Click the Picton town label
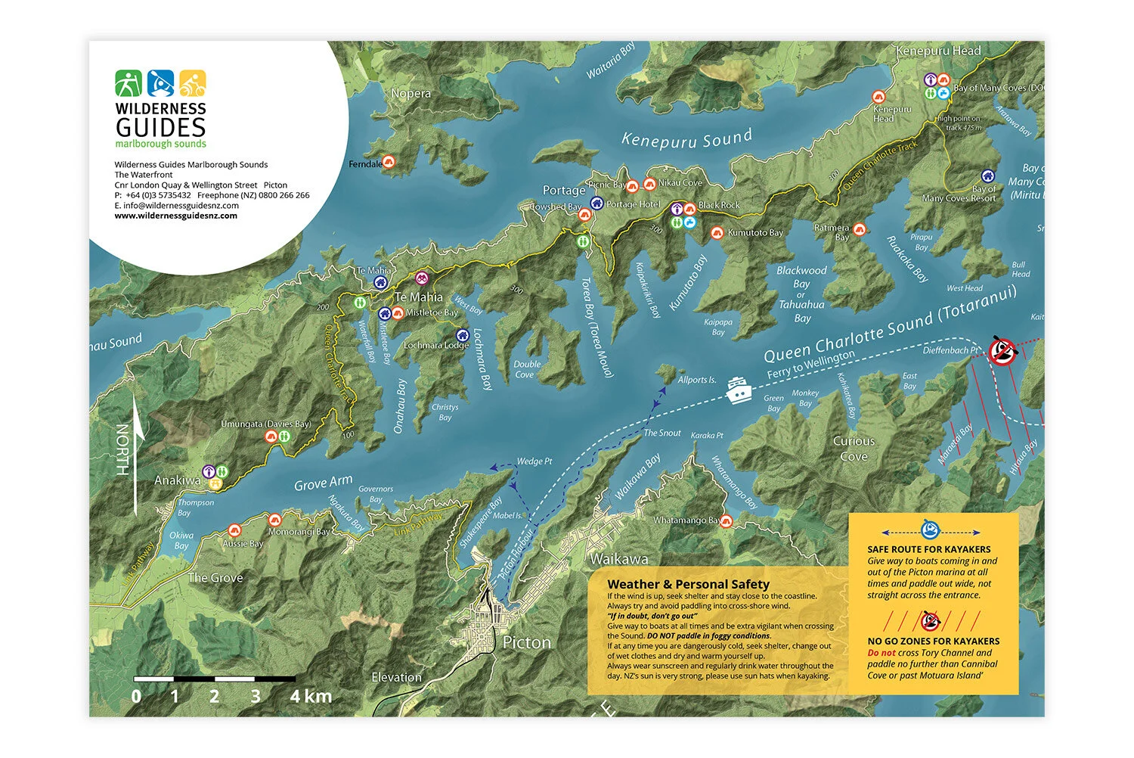click(x=526, y=642)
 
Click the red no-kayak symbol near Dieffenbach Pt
click(x=1003, y=350)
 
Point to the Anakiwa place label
click(x=177, y=480)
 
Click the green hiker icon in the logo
click(x=129, y=83)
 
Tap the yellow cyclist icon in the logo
click(x=193, y=83)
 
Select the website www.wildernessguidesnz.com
click(x=175, y=216)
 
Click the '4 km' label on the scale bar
click(x=311, y=696)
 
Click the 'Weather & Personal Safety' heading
click(x=688, y=584)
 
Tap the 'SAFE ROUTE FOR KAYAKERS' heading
click(x=928, y=549)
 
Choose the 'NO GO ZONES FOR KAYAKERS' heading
click(x=933, y=641)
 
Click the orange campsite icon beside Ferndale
click(x=389, y=161)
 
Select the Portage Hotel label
click(x=633, y=204)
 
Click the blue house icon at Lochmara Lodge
click(x=462, y=335)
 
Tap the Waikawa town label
click(x=618, y=559)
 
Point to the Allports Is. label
click(x=696, y=380)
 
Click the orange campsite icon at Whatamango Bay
click(x=727, y=520)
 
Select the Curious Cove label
click(x=854, y=449)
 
